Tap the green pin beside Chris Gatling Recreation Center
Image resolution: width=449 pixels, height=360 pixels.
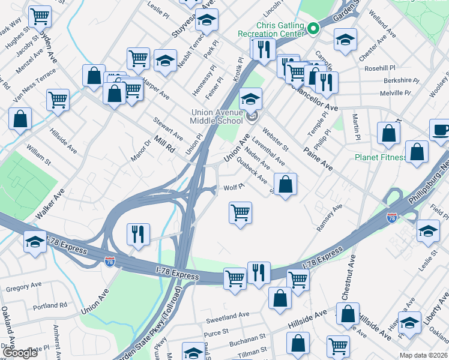coord(313,28)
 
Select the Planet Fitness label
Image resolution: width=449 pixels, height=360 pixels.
coord(380,158)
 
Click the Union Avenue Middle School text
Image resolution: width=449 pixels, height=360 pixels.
coord(217,116)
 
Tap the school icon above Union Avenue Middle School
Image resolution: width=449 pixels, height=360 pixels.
coord(251,97)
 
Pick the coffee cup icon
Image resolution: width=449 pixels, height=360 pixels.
coord(441,130)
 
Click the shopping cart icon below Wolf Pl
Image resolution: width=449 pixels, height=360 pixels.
coord(241,212)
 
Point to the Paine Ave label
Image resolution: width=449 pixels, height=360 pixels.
coord(318,157)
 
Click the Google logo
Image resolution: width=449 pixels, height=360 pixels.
coord(20,353)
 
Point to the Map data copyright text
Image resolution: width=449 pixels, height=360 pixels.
coord(423,355)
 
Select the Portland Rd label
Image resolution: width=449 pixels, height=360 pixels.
coord(50,306)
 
